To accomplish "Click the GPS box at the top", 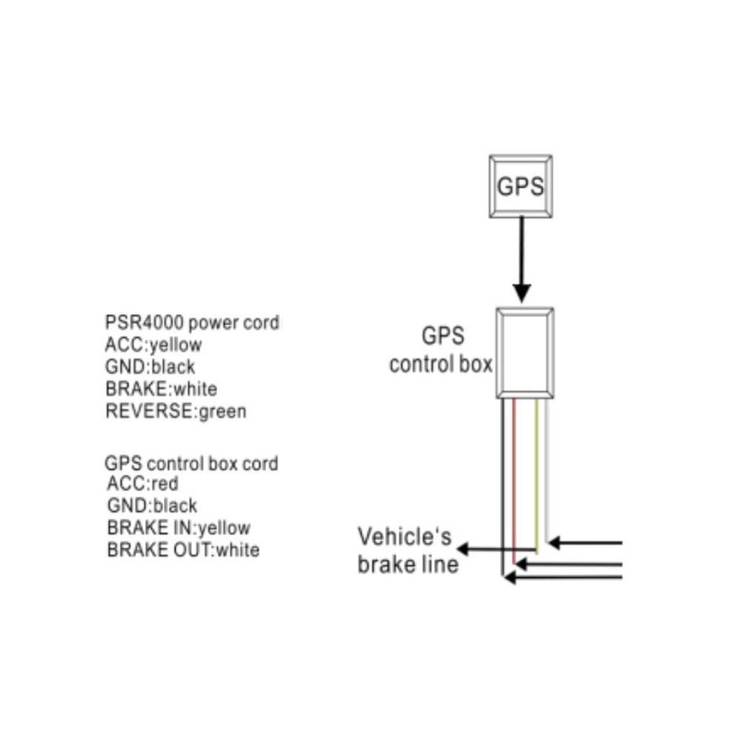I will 520,185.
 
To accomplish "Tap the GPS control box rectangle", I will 524,353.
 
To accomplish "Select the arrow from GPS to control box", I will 521,259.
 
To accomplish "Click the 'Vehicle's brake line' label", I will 408,549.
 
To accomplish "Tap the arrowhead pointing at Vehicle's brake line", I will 463,550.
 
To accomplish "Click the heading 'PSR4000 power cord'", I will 192,323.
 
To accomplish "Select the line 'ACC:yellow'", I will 154,345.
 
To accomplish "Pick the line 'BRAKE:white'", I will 161,389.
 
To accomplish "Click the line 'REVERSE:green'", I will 176,411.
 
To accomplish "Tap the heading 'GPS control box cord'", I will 191,462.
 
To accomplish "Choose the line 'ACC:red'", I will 143,484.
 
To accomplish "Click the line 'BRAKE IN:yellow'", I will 179,528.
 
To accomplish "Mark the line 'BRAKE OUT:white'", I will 183,550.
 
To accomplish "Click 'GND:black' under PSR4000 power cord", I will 150,367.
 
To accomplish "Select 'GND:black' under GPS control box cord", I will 152,506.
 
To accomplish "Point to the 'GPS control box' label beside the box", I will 440,350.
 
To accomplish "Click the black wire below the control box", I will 503,482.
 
